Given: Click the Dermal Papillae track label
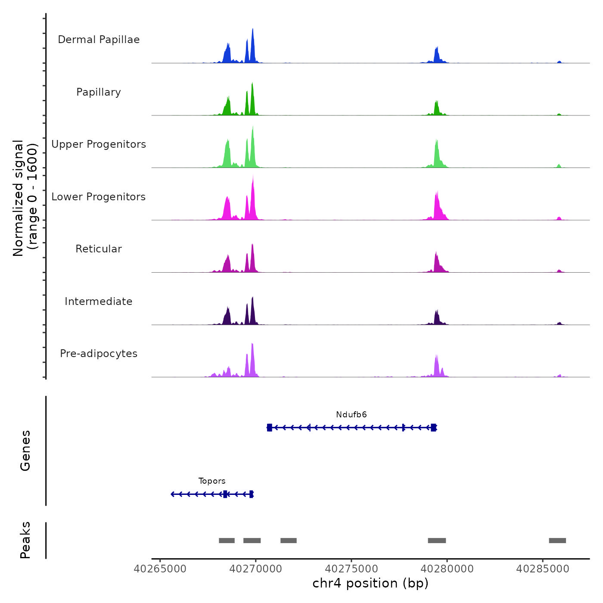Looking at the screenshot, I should [x=99, y=40].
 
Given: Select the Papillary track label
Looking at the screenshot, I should [x=99, y=92].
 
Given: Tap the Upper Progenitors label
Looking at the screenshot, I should [x=99, y=144].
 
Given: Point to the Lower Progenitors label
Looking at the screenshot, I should [x=99, y=197].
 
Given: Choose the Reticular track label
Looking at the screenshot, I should [x=99, y=249].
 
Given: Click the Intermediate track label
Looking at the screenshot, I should [x=99, y=301].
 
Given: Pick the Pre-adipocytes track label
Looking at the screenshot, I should [x=99, y=354].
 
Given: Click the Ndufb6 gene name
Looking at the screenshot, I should [x=351, y=415].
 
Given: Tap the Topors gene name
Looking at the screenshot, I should [x=212, y=481].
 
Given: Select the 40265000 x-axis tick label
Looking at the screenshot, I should [x=160, y=569].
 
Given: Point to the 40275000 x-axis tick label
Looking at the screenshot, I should [x=351, y=569].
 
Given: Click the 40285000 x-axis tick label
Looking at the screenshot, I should [x=543, y=569].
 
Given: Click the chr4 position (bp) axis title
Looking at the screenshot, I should [x=370, y=584].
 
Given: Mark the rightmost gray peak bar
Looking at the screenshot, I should [x=557, y=541].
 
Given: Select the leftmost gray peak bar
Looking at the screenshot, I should [x=227, y=541].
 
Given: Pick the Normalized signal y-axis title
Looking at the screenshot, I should [x=25, y=198].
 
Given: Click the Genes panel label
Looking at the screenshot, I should [x=25, y=451].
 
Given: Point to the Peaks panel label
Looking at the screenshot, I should [x=25, y=540].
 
